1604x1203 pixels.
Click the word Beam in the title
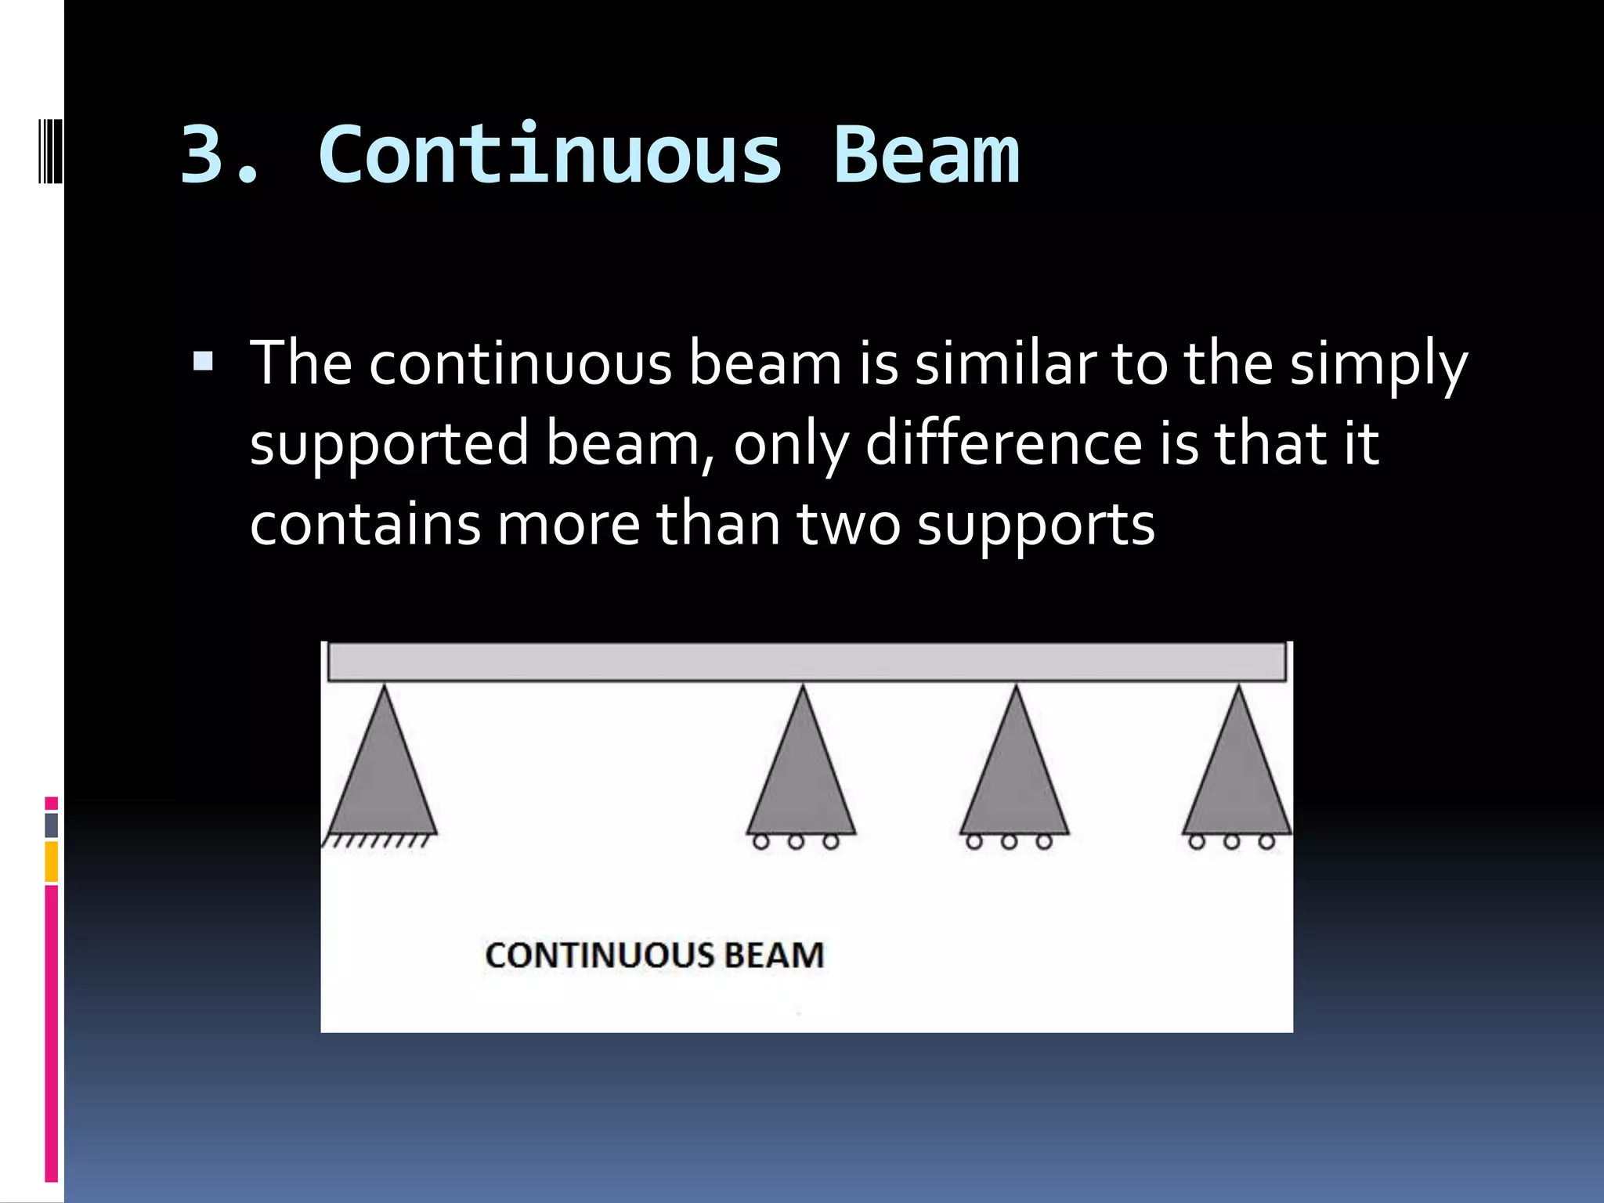click(926, 155)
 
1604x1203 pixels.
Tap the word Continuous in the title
click(550, 155)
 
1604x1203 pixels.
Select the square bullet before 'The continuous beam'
click(203, 361)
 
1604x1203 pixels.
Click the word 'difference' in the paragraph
click(1004, 443)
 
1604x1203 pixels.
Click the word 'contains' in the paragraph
click(365, 524)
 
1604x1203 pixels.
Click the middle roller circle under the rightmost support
click(1232, 843)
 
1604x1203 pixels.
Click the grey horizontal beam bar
click(807, 662)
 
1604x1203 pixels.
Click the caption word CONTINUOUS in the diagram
click(599, 956)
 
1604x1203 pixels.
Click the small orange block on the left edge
click(51, 862)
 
